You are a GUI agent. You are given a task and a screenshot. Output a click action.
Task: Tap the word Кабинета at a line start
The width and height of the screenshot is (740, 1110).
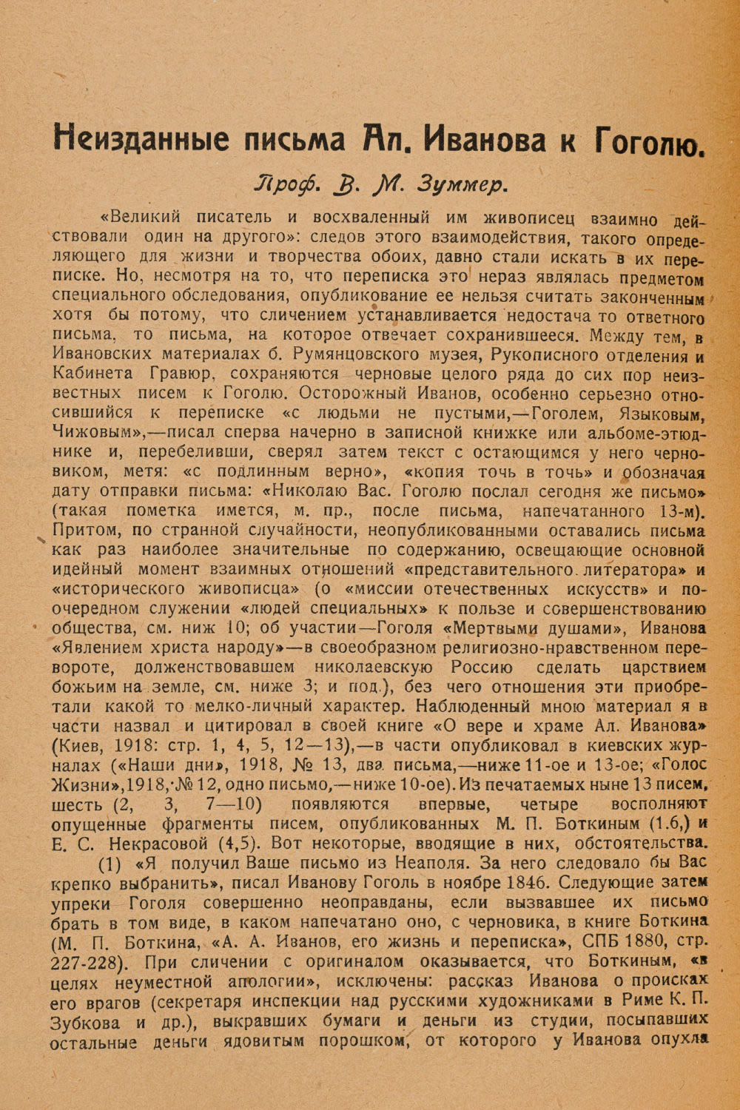[92, 373]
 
